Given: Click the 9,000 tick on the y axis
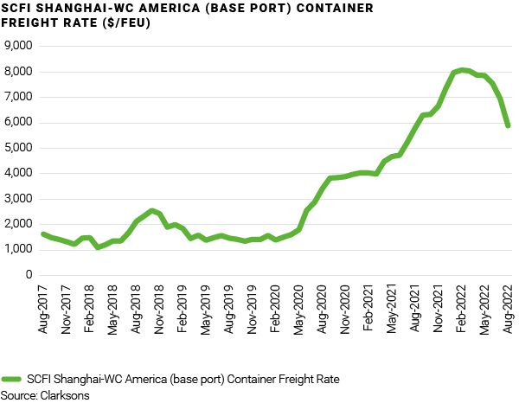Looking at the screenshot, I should [18, 45].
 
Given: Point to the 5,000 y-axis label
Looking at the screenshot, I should [18, 147].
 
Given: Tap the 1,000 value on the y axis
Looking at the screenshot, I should [18, 249].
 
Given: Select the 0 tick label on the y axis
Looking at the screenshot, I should [29, 275].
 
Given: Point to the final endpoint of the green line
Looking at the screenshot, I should [508, 125].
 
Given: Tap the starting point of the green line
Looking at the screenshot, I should [43, 234].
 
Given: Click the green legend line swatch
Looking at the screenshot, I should [12, 379].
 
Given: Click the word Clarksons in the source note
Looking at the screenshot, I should [64, 395].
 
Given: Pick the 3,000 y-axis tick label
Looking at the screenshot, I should [18, 198].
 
